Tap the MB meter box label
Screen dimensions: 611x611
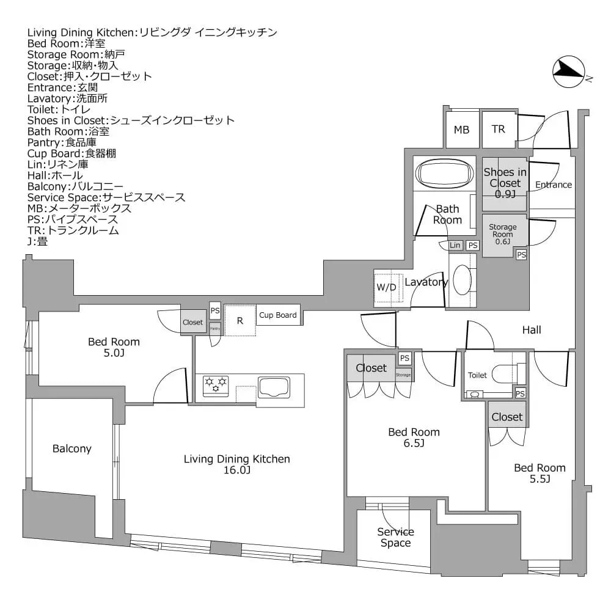461,130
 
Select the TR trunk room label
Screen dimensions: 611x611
499,130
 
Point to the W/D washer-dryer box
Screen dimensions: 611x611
386,287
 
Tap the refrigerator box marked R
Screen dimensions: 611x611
240,320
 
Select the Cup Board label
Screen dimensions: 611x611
278,315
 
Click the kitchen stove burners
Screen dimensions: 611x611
216,386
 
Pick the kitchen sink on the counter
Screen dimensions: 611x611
274,387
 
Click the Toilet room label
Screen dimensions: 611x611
477,375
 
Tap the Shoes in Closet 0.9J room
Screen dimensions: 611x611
505,183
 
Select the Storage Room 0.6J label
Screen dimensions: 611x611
502,233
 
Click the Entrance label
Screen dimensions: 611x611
553,185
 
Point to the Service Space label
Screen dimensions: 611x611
395,537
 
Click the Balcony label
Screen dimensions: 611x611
71,448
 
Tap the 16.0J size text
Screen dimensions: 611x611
236,470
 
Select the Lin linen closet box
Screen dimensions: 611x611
455,245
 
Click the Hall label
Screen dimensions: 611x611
531,330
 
